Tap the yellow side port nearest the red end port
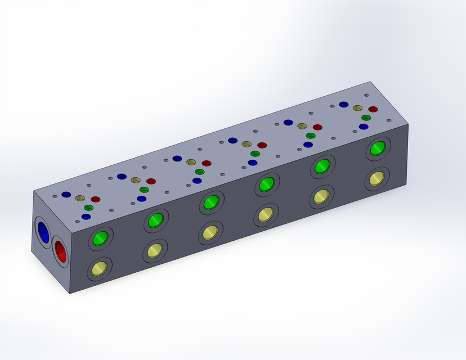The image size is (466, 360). point(100,268)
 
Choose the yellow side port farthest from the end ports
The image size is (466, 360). point(376,179)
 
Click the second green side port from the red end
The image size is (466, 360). point(156,220)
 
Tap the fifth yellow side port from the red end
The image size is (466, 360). point(321,196)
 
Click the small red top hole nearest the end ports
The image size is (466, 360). point(96,199)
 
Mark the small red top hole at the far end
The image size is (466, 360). point(373,109)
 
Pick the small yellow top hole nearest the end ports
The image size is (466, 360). point(80,199)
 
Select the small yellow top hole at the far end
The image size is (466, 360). point(357,108)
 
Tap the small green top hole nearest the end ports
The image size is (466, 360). point(88,208)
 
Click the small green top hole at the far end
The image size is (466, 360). point(366,118)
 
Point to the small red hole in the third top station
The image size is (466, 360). point(207,163)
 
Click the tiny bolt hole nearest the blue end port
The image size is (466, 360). point(55,196)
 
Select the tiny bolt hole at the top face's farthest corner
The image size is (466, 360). point(366,94)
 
